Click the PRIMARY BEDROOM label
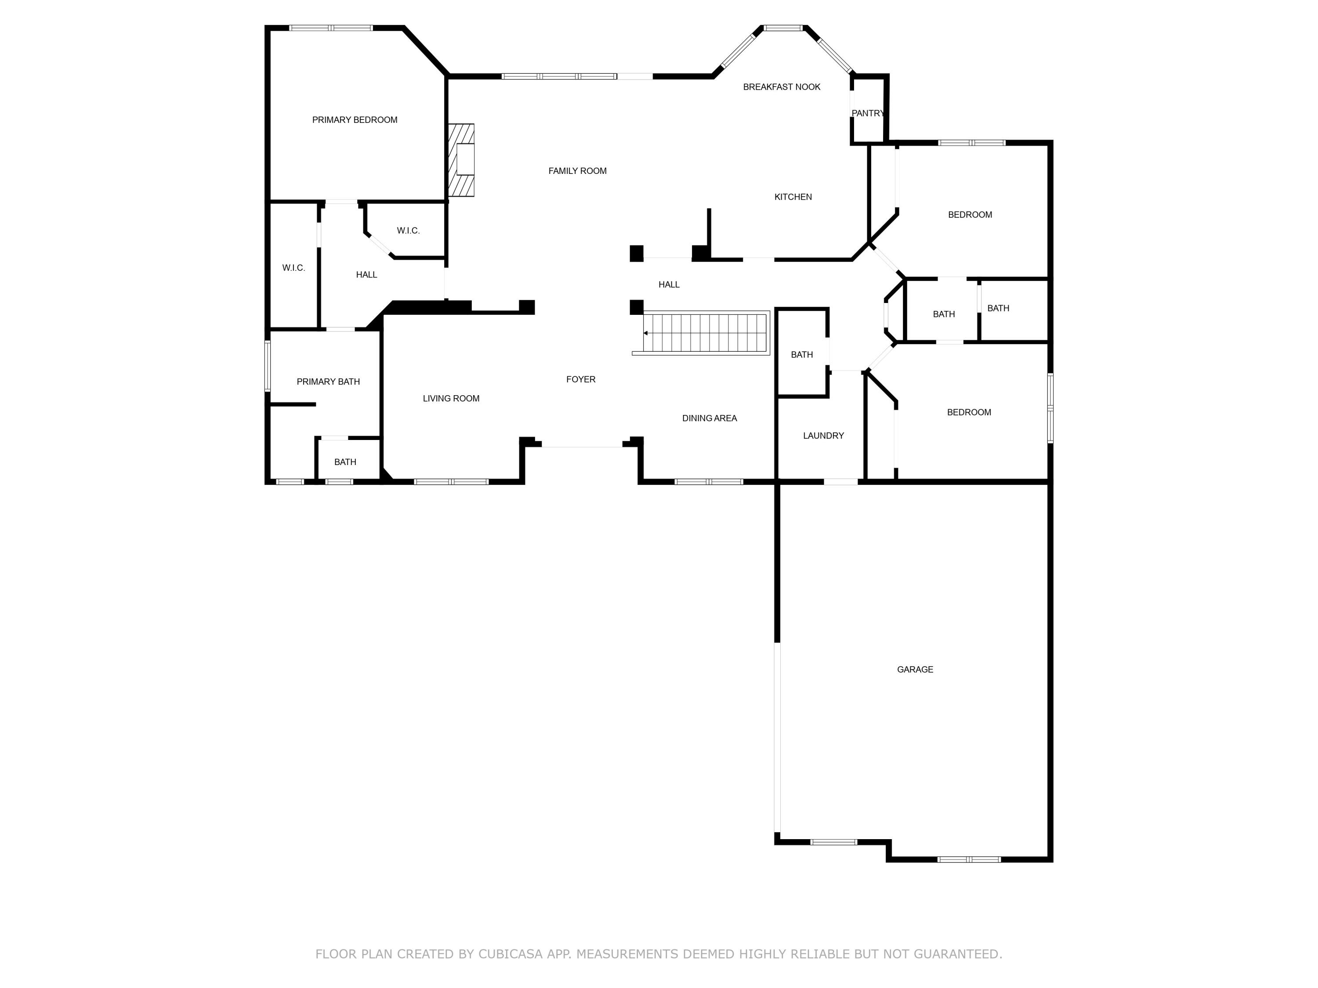click(355, 120)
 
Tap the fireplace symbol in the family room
click(462, 159)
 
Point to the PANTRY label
click(868, 113)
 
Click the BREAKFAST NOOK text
click(781, 87)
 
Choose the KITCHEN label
click(793, 197)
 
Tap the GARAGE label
click(915, 669)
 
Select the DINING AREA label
click(709, 418)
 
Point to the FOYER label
click(580, 379)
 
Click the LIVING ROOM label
click(451, 398)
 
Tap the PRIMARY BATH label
click(328, 382)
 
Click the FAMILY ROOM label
click(577, 171)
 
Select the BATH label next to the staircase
click(801, 355)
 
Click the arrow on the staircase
click(646, 333)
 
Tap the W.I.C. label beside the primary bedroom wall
click(408, 231)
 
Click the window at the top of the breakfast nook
click(783, 28)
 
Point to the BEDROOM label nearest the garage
click(968, 412)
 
